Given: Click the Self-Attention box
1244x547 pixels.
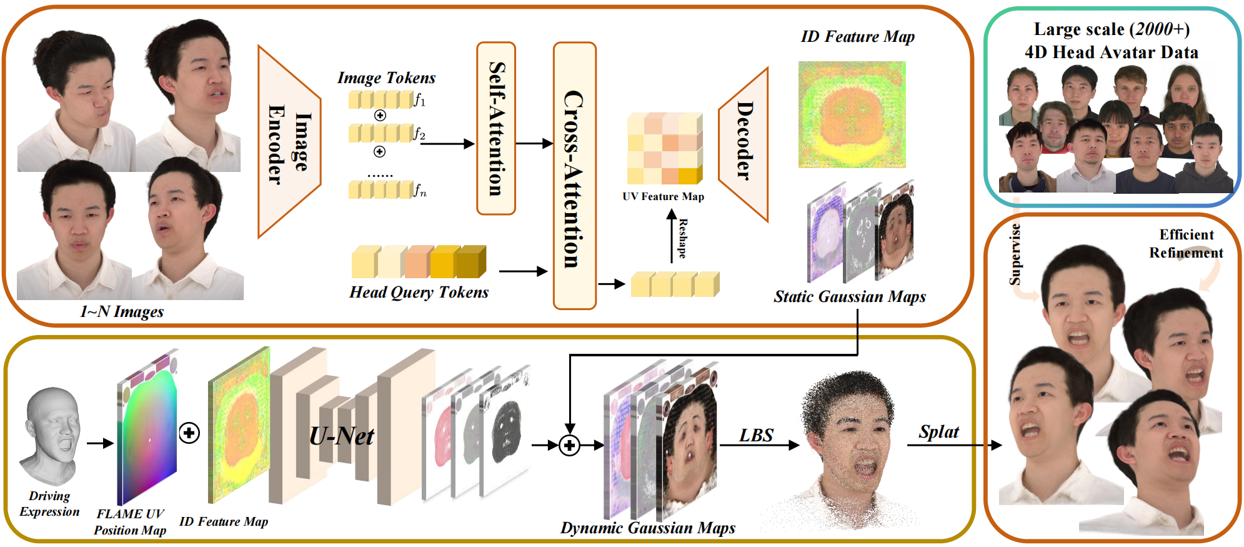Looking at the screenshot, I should click(x=496, y=129).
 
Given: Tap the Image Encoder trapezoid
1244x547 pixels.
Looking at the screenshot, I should click(x=289, y=142).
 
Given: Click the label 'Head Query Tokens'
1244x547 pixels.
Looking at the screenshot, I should click(x=419, y=293).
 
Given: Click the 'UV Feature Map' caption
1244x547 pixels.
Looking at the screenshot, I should click(x=663, y=197).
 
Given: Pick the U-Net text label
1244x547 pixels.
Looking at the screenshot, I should click(x=342, y=436).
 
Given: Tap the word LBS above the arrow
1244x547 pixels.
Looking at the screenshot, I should click(x=756, y=434).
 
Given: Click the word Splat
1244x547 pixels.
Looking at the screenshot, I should click(x=938, y=432).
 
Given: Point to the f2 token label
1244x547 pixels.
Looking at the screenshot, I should click(x=419, y=133).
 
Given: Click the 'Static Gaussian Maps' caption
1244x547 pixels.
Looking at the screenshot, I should click(x=849, y=297).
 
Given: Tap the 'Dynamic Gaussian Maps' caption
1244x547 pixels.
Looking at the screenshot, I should click(x=647, y=528).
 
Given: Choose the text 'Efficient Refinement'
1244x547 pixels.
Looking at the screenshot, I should click(x=1185, y=244).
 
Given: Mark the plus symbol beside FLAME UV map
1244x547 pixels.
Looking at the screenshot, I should click(x=189, y=433).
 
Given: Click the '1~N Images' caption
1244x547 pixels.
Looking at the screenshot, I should click(x=122, y=312).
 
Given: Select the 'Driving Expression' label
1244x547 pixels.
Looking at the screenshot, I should click(x=49, y=504).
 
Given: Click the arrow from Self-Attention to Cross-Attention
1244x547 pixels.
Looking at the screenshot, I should click(x=534, y=144).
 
